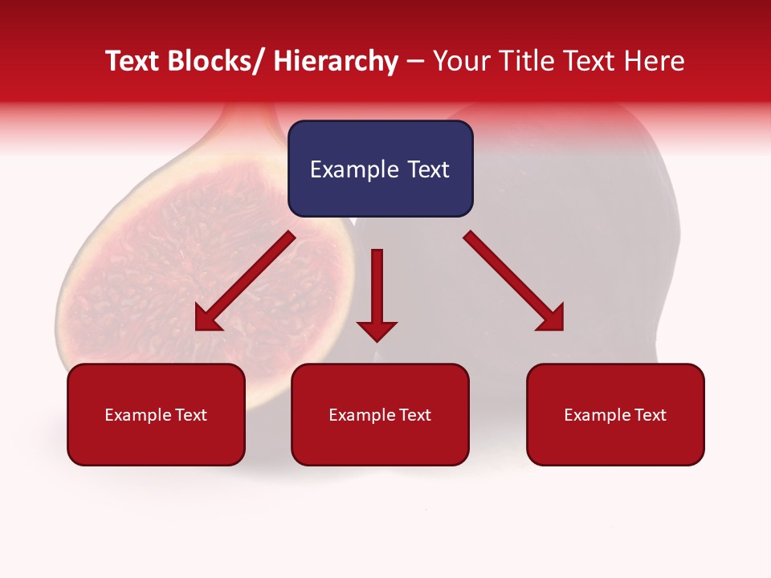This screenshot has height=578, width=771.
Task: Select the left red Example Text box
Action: (156, 415)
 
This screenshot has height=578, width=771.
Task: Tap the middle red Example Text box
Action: (380, 415)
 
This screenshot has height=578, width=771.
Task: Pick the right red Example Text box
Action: (615, 415)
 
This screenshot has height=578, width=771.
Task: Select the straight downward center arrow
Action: (377, 289)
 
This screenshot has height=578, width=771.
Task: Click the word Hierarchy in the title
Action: (336, 61)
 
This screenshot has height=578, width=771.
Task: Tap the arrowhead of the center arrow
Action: (377, 330)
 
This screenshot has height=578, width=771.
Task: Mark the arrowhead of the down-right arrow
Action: (552, 319)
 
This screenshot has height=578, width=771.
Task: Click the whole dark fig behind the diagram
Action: (578, 241)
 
